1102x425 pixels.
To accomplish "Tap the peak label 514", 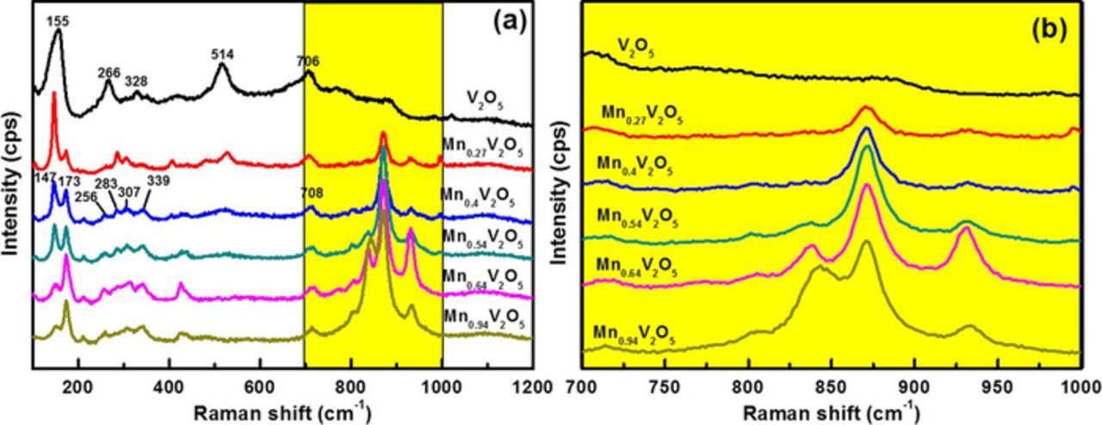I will point(222,54).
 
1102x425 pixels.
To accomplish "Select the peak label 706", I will point(307,61).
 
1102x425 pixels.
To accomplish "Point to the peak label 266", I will point(108,73).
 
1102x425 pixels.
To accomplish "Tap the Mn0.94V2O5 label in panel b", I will point(633,336).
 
